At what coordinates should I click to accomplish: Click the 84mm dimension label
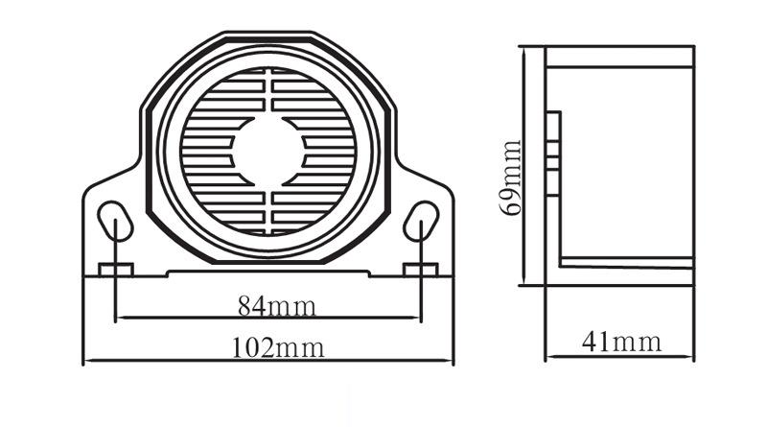coord(276,306)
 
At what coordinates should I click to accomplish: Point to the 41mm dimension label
coord(621,342)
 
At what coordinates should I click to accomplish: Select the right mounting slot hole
coord(421,222)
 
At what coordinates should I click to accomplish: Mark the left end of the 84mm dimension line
coord(115,319)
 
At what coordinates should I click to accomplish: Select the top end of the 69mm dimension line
coord(524,47)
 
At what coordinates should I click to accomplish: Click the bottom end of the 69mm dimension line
coord(524,284)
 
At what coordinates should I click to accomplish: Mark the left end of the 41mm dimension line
coord(546,357)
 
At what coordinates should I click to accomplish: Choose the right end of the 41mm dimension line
coord(693,357)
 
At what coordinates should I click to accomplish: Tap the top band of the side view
coord(619,57)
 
